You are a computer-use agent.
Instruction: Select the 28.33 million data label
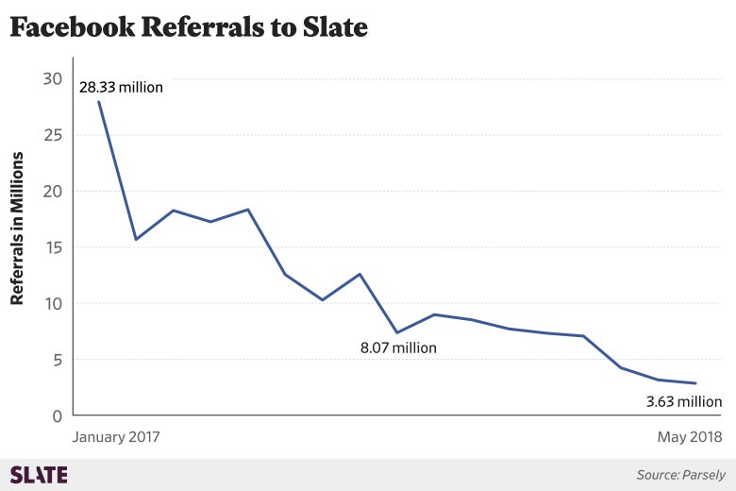coord(121,88)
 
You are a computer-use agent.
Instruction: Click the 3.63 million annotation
coord(683,401)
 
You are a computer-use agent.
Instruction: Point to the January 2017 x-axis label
coord(115,437)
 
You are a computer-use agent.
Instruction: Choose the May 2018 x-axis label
coord(690,437)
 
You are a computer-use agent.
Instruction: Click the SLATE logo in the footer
coord(38,474)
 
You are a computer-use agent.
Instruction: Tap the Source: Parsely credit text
coord(678,475)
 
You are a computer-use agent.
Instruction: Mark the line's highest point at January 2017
coord(98,101)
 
